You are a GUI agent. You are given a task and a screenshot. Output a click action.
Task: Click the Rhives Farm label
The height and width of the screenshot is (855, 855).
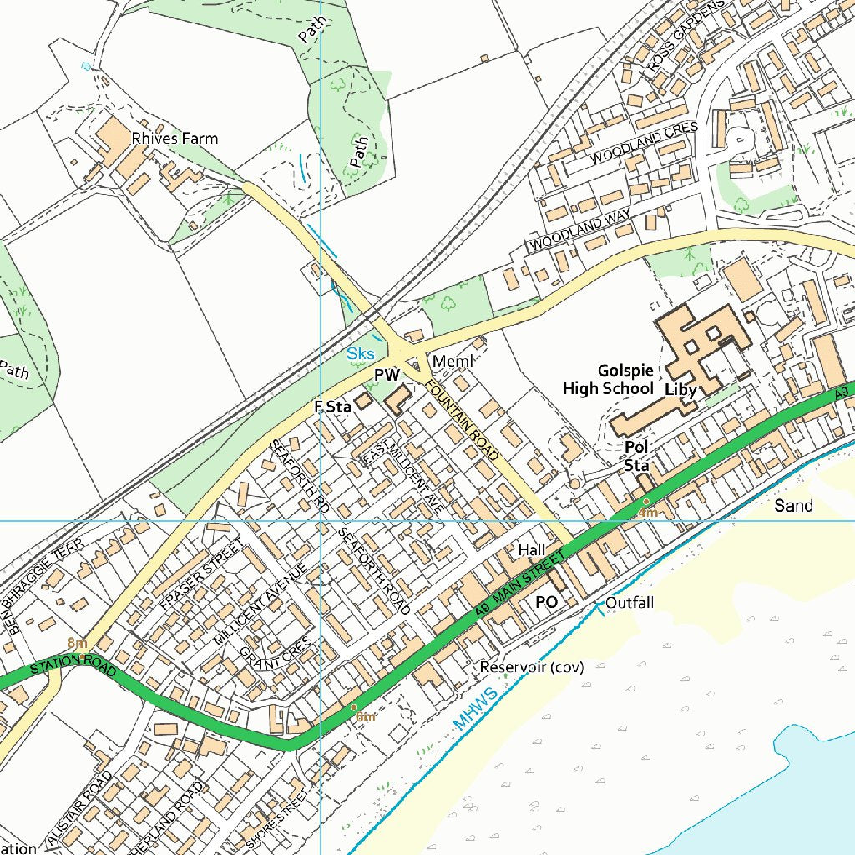175,138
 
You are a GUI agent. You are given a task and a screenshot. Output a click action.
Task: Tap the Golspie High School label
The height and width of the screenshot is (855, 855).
608,379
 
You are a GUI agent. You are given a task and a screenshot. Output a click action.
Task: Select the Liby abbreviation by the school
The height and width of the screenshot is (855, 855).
680,389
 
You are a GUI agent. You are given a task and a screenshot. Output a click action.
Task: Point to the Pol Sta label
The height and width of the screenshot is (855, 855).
637,456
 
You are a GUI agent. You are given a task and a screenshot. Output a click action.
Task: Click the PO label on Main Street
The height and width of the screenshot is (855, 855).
546,601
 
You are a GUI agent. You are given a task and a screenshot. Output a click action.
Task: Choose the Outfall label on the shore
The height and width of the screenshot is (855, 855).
630,602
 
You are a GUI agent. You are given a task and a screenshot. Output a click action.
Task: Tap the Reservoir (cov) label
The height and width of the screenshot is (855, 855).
531,667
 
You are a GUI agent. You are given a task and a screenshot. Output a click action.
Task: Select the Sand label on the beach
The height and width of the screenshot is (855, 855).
792,505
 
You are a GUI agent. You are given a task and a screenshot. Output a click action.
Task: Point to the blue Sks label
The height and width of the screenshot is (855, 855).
361,354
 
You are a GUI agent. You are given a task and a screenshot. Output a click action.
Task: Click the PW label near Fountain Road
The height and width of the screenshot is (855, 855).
387,377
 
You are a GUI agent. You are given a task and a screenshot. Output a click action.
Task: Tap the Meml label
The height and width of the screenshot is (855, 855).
453,361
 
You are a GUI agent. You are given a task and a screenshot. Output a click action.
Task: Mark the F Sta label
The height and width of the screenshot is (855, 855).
331,407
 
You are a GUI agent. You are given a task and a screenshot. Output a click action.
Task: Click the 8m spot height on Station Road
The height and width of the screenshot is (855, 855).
77,643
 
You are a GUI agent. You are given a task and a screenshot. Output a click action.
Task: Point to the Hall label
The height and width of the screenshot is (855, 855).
531,549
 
